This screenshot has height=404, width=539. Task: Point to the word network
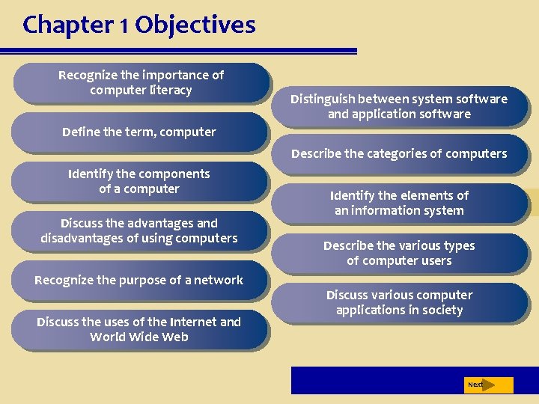click(x=219, y=281)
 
